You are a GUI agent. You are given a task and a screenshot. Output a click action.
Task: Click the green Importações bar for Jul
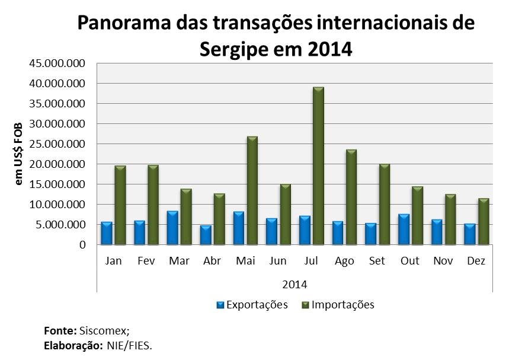point(318,166)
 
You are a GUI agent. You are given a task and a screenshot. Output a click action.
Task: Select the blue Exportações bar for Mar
point(172,228)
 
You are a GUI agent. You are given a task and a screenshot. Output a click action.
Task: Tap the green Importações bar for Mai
point(252,190)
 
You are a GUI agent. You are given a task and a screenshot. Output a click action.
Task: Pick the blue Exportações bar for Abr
point(206,235)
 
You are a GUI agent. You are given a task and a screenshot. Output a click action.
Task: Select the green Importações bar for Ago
point(351,197)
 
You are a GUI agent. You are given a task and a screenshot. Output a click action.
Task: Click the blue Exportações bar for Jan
point(107,233)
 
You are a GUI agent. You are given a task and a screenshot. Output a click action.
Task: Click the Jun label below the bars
point(277,262)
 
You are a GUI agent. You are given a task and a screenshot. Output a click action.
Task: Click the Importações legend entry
point(342,305)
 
